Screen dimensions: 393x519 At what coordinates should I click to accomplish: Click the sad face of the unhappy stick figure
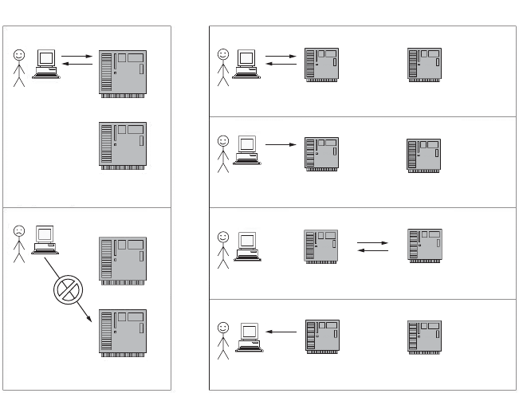click(19, 230)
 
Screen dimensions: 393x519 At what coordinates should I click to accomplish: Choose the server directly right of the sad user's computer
click(123, 258)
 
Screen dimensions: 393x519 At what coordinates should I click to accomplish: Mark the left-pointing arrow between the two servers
click(372, 251)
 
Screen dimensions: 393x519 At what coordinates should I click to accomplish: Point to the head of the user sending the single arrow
click(222, 140)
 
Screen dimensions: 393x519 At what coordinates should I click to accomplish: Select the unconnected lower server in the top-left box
click(123, 146)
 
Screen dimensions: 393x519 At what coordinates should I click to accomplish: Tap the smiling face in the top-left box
click(19, 57)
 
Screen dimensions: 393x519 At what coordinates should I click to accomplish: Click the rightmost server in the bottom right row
click(424, 339)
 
